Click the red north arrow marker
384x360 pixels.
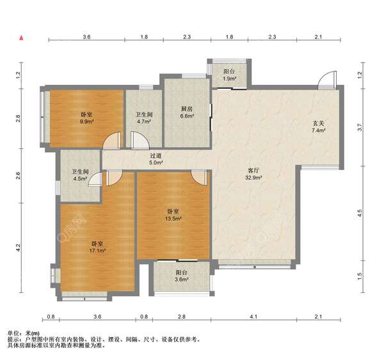point(22,38)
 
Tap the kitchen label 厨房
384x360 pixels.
point(187,109)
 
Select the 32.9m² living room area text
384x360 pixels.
point(253,177)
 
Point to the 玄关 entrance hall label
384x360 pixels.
point(318,123)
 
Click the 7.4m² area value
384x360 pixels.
point(318,130)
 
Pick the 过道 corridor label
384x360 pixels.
point(156,155)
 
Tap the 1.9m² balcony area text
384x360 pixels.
point(229,79)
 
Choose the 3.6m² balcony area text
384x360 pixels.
point(182,279)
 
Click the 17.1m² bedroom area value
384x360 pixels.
point(97,251)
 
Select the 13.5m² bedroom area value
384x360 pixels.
point(173,219)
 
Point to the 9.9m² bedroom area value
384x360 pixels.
point(87,121)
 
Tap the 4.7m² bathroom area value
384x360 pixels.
point(144,121)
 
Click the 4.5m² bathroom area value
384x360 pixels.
point(81,178)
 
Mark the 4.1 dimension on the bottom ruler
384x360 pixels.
point(253,317)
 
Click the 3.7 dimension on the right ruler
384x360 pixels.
point(359,127)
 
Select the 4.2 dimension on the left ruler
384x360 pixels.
point(18,247)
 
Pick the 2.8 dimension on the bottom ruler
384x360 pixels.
point(182,317)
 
